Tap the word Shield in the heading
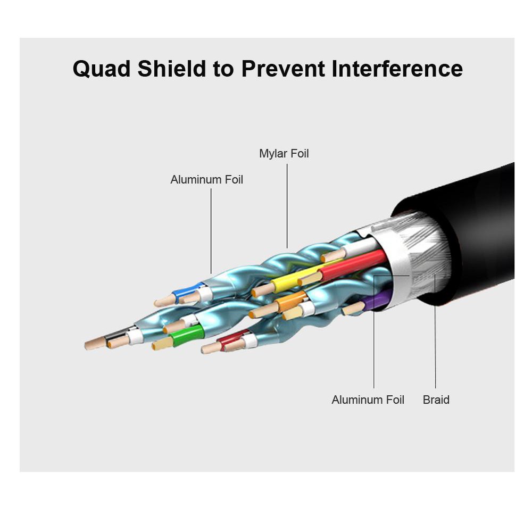[x=172, y=69]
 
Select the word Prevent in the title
[x=283, y=69]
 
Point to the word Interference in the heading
[x=397, y=69]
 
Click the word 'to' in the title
[x=223, y=69]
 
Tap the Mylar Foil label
[x=284, y=153]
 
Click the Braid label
[x=436, y=400]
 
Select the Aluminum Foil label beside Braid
[x=368, y=400]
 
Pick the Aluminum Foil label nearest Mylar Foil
[x=206, y=179]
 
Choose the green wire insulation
[x=187, y=335]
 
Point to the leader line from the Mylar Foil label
[x=287, y=206]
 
